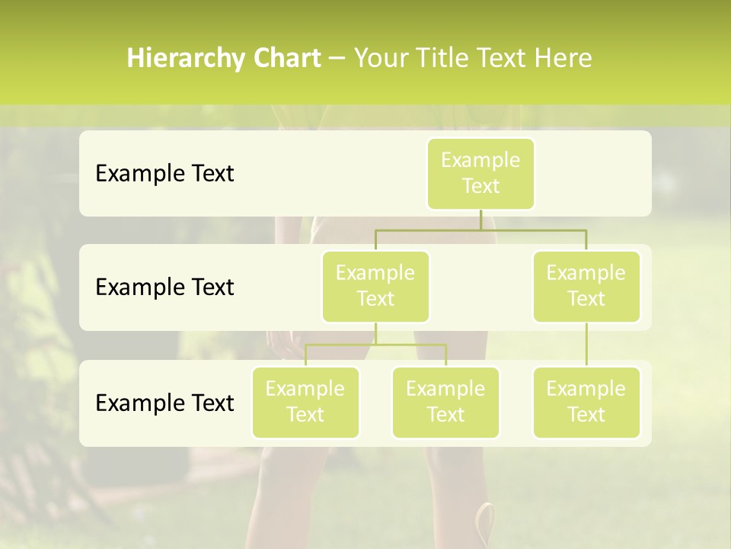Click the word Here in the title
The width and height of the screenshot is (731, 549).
[x=564, y=59]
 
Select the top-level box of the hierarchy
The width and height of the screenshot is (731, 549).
[x=480, y=174]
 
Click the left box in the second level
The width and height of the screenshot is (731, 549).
[x=375, y=287]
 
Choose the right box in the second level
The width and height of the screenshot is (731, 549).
[x=586, y=287]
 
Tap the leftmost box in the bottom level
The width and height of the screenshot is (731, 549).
[x=305, y=403]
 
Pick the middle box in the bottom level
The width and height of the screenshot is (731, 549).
[x=445, y=403]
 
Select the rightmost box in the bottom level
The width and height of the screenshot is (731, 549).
[x=586, y=403]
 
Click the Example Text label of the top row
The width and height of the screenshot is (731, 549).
[x=164, y=174]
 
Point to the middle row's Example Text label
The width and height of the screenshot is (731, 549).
[x=164, y=287]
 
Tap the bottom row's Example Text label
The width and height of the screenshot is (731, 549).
[x=164, y=403]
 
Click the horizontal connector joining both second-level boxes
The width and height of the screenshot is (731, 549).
[x=480, y=230]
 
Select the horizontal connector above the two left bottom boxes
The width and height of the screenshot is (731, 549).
[x=375, y=345]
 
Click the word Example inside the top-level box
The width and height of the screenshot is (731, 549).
[x=480, y=161]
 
